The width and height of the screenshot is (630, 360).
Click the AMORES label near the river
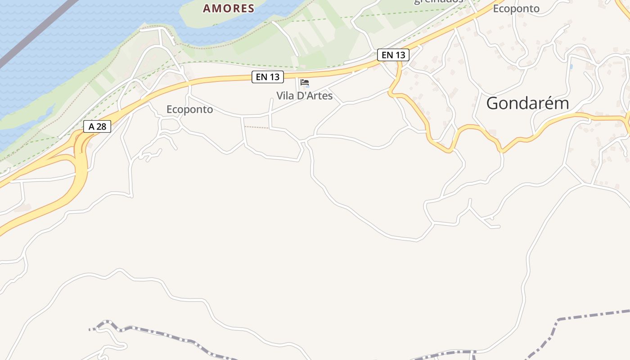(x=229, y=8)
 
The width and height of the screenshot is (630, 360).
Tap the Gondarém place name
(x=527, y=103)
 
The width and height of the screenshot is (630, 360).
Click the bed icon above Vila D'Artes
(x=305, y=83)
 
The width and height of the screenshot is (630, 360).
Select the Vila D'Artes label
(x=305, y=96)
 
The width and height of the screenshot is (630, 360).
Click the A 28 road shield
(x=97, y=126)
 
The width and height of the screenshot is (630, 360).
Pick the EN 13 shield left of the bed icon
(x=268, y=77)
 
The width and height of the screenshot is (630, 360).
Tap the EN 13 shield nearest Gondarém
(x=393, y=55)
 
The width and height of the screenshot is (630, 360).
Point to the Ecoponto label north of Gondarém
(x=516, y=9)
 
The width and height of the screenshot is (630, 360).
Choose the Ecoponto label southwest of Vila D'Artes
(x=189, y=109)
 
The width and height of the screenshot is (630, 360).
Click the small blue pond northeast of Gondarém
(x=571, y=67)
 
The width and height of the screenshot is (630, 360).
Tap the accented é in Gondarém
(x=550, y=103)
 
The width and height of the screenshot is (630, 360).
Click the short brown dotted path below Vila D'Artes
(x=257, y=127)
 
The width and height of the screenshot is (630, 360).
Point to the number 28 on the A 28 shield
(x=101, y=126)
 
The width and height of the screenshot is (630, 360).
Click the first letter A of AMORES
(x=207, y=8)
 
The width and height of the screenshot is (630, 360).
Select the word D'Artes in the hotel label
(x=315, y=96)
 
